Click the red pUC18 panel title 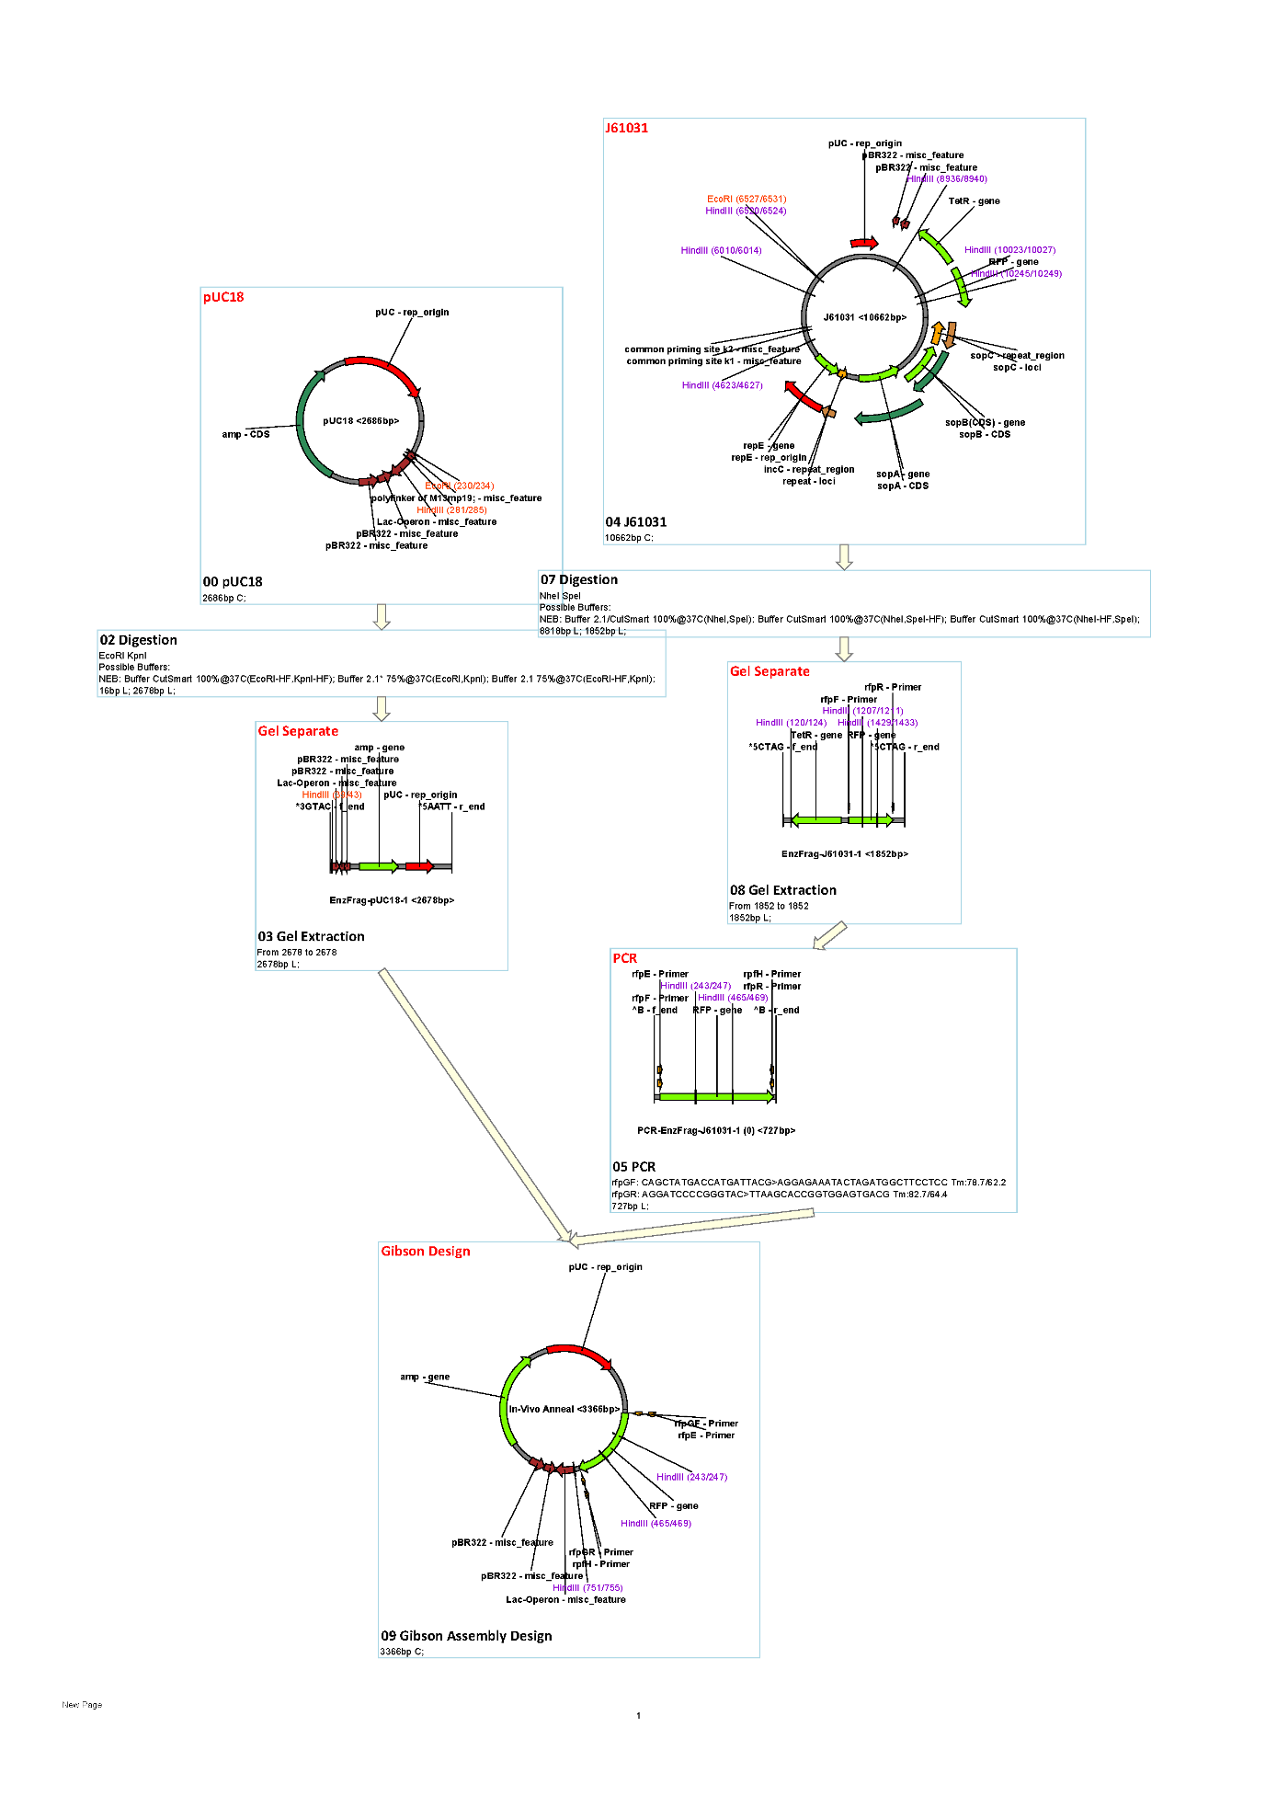tap(223, 297)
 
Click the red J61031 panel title tap(626, 128)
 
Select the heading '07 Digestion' tap(579, 579)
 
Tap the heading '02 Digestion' tap(138, 640)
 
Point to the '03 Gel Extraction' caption tap(311, 936)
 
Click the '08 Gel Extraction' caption tap(783, 890)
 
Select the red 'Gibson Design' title tap(426, 1251)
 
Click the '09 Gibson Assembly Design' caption tap(466, 1635)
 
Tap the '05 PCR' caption tap(633, 1166)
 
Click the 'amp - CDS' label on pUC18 tap(245, 434)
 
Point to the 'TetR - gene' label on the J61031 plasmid tap(974, 200)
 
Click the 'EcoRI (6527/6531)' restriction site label tap(747, 199)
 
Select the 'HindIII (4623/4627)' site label tap(722, 385)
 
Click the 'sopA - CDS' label tap(902, 486)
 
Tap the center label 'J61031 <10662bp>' tap(864, 317)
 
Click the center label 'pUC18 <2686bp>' tap(360, 421)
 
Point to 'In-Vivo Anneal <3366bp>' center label tap(564, 1409)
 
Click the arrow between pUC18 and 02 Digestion tap(382, 616)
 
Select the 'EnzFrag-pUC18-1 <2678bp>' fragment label tap(392, 900)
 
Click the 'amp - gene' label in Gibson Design tap(425, 1377)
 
